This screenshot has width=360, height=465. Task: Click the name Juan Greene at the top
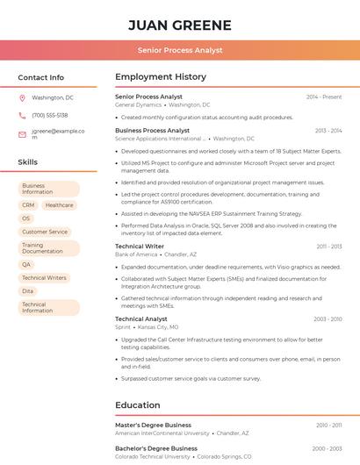coord(179,25)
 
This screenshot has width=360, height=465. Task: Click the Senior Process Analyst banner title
coord(179,51)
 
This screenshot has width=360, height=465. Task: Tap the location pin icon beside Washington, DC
coord(22,97)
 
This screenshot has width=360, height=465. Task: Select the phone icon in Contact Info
coord(22,115)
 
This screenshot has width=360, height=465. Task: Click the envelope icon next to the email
coord(22,134)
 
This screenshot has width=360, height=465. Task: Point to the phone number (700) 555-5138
coord(50,115)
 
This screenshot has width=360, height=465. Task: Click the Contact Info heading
coord(41,77)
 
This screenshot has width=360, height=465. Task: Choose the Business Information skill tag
coord(48,189)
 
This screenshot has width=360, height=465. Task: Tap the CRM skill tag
coord(28,205)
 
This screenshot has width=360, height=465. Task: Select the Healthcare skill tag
coord(59,205)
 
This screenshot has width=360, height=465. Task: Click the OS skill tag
coord(26,218)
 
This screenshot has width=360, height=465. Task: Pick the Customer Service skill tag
coord(45,232)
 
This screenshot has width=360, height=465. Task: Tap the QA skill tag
coord(26,264)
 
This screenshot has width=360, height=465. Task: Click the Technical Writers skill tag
coord(44,277)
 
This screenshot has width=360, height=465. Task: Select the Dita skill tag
coord(28,290)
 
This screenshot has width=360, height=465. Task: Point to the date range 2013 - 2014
coord(328,131)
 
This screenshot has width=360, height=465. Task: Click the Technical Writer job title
coord(140,247)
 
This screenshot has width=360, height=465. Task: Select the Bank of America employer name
coord(135,254)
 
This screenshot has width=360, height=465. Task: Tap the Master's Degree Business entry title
coord(153,425)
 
